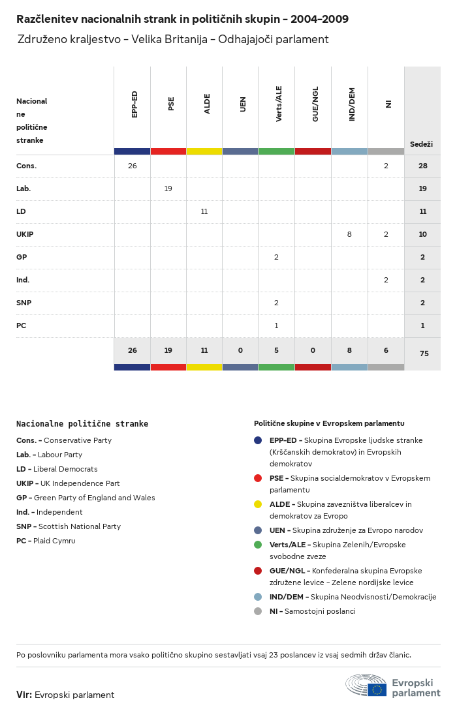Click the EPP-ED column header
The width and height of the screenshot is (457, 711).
click(134, 104)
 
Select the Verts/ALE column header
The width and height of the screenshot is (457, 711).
click(279, 104)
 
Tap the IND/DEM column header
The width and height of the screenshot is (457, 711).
click(352, 104)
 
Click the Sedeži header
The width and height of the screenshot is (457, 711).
click(421, 144)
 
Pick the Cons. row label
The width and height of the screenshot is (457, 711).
click(27, 166)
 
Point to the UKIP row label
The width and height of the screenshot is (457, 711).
click(25, 234)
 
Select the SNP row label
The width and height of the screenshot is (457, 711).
click(24, 303)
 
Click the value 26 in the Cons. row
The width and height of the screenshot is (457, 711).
click(133, 166)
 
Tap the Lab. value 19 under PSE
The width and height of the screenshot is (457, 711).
click(168, 189)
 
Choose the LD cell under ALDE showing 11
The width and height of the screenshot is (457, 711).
click(204, 211)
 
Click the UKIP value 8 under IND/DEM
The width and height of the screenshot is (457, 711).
click(349, 234)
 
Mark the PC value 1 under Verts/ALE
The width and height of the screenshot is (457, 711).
click(276, 325)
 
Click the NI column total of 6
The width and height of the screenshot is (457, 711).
click(386, 350)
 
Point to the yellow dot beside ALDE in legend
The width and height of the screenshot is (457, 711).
click(258, 504)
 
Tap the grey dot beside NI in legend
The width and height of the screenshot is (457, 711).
click(258, 611)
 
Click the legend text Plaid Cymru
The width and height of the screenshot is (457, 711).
click(55, 541)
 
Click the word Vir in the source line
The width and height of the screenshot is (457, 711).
click(24, 695)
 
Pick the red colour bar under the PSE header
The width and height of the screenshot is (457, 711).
click(168, 151)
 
